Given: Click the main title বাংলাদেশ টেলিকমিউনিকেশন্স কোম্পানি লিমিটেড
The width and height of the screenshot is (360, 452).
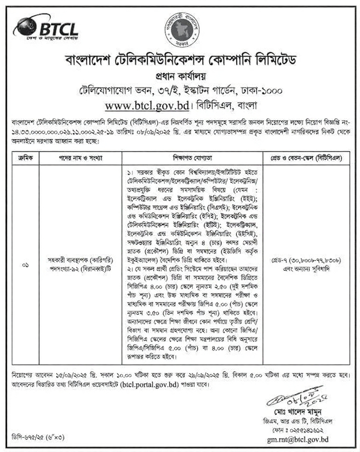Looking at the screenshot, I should click(181, 59).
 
